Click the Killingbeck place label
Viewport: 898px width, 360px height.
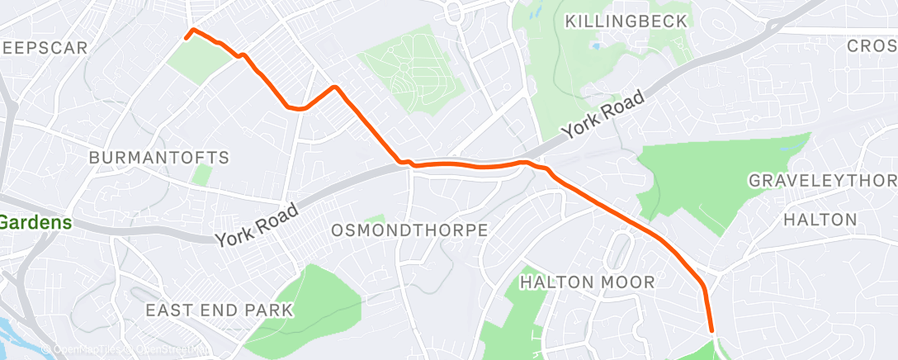tap(626, 21)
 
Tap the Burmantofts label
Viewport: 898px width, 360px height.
tap(158, 157)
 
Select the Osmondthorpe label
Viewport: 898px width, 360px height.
tap(409, 230)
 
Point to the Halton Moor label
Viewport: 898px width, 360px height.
tap(587, 282)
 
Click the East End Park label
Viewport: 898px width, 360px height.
tap(219, 310)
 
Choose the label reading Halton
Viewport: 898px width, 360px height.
tap(820, 220)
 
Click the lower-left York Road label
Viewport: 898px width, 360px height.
tap(257, 225)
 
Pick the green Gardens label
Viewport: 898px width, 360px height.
tap(35, 222)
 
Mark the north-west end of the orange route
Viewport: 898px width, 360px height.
tap(186, 36)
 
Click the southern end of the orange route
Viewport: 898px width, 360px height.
tap(711, 333)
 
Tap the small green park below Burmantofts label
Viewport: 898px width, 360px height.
tap(201, 175)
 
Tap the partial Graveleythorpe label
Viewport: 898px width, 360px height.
tap(821, 180)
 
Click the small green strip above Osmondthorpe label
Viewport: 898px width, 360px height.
tap(375, 219)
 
